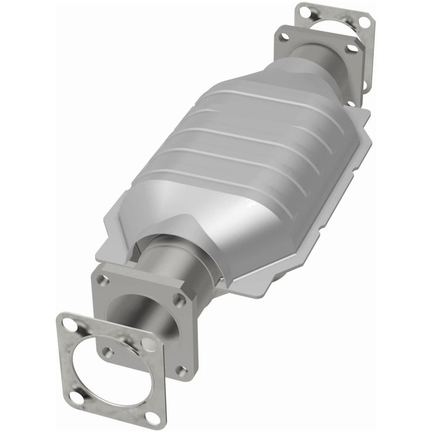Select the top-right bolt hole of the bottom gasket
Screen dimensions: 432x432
click(149, 343)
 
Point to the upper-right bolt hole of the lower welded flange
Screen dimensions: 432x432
click(180, 301)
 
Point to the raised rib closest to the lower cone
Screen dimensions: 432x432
click(204, 179)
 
